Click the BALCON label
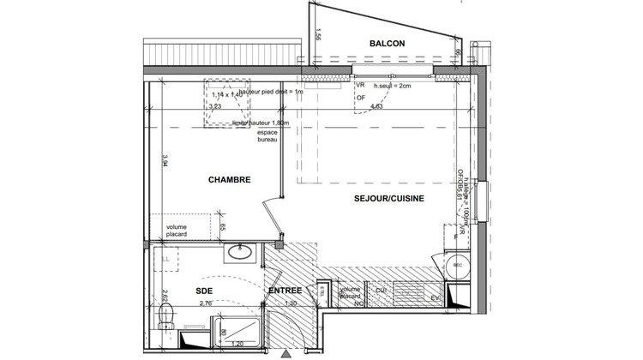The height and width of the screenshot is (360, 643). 387,44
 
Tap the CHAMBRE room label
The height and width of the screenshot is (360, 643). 229,180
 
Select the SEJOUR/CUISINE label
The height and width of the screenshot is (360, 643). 388,198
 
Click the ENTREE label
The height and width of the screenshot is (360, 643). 285,291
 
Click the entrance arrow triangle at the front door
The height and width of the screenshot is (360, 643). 285,352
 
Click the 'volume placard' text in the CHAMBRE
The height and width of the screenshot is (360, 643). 179,231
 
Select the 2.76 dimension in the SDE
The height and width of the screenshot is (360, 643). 206,303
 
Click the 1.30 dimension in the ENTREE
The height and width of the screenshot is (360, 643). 290,303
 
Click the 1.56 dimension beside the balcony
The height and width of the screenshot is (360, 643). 317,35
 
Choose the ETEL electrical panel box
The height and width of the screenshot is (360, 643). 321,293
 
